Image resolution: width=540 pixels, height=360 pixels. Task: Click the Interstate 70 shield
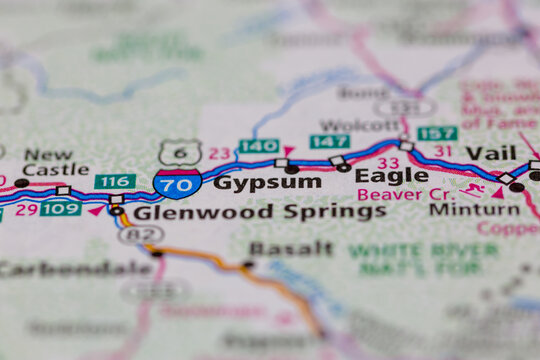[176, 183]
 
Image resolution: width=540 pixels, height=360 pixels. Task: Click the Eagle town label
[391, 176]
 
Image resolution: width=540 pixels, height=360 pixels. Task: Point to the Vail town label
[491, 153]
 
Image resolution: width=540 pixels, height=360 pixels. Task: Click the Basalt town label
[291, 248]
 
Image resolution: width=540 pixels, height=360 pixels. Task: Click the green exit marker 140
[259, 146]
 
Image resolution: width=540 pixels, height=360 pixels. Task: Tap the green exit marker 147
[329, 141]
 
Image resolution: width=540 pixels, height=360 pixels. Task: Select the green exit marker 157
[438, 133]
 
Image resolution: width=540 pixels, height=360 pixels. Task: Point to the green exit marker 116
[115, 182]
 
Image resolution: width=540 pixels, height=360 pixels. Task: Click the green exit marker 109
[61, 208]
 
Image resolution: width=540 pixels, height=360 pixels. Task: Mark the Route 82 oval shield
[141, 236]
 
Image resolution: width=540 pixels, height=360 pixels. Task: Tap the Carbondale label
[76, 269]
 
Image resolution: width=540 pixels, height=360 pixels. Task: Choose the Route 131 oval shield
[404, 106]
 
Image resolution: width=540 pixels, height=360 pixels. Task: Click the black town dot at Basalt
[247, 265]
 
